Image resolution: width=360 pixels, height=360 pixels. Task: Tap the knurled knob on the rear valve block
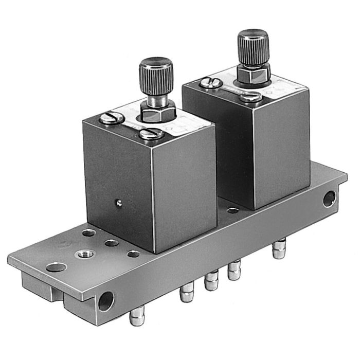(x=253, y=46)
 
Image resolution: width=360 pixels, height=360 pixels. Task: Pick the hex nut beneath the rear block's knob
(x=254, y=77)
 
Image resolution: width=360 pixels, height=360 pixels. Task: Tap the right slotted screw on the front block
(x=151, y=134)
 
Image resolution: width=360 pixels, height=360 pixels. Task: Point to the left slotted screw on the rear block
(x=211, y=82)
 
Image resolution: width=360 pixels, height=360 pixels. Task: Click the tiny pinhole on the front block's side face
(x=119, y=203)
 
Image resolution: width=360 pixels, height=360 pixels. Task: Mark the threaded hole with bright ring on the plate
(x=82, y=253)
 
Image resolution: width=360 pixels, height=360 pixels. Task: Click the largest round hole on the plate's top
(x=56, y=267)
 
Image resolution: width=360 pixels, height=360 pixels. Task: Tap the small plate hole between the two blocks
(x=233, y=210)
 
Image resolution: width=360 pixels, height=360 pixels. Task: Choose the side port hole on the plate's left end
(x=106, y=300)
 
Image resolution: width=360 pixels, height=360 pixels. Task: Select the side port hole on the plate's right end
(x=329, y=199)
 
